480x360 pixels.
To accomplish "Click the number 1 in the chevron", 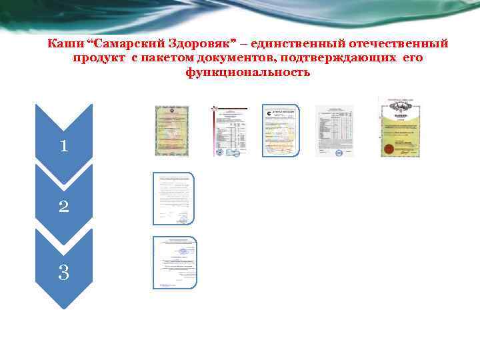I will (x=63, y=145).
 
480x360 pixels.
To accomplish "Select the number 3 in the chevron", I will (x=63, y=272).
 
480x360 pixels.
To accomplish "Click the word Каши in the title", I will (x=65, y=44).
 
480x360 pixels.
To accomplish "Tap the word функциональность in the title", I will (x=248, y=72).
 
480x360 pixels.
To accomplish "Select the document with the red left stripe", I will (x=228, y=131).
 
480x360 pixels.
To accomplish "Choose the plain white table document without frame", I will (x=334, y=131).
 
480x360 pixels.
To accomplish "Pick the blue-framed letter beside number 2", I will (x=173, y=199).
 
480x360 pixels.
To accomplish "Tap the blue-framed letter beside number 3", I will (x=175, y=262).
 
